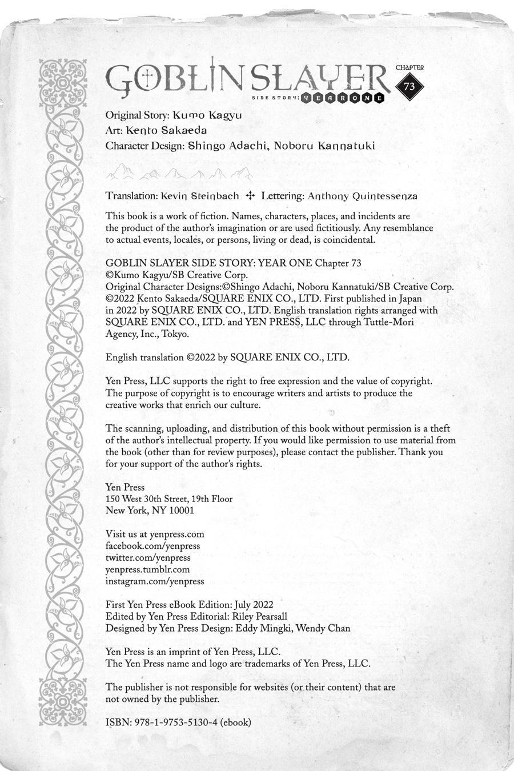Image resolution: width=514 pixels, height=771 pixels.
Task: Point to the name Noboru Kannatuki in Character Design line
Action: point(324,146)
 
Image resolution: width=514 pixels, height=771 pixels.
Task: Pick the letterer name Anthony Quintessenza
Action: point(362,196)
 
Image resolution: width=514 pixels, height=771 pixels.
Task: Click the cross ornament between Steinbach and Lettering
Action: point(250,196)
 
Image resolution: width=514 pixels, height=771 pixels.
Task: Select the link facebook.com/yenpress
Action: point(152,546)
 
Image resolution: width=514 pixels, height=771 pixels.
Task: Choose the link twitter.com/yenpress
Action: point(148,557)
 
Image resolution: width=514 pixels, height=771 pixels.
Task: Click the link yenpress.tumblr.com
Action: point(147,569)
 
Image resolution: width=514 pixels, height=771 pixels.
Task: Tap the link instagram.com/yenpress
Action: point(155,581)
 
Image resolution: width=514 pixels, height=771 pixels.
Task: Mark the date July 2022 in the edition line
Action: point(253,605)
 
